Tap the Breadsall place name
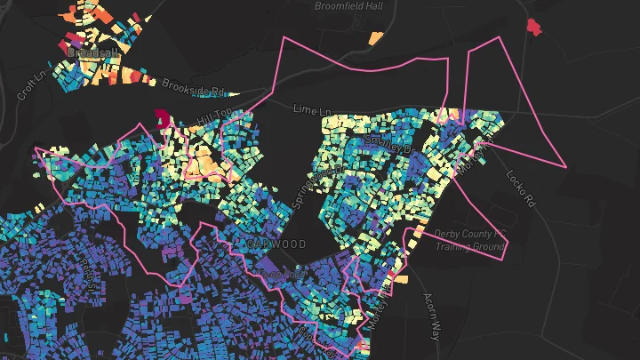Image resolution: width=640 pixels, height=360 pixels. (x=92, y=52)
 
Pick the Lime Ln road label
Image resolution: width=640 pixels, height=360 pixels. (x=312, y=108)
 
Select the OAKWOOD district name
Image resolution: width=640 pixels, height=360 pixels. (x=276, y=244)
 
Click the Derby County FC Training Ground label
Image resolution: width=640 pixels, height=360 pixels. (x=469, y=240)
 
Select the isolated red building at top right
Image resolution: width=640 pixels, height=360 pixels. (x=533, y=27)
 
